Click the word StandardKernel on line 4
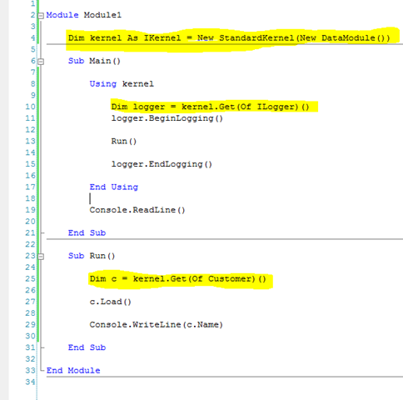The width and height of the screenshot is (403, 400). pyautogui.click(x=256, y=37)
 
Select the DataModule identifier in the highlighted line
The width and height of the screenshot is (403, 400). pyautogui.click(x=348, y=37)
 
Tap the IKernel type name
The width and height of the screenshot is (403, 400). pyautogui.click(x=162, y=37)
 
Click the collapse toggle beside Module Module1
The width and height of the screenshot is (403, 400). pyautogui.click(x=41, y=16)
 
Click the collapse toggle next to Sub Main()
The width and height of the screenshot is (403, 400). pyautogui.click(x=41, y=62)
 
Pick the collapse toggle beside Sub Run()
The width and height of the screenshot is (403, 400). pyautogui.click(x=41, y=257)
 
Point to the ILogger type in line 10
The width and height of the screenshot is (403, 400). pyautogui.click(x=277, y=107)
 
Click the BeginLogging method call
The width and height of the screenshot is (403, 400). pyautogui.click(x=181, y=118)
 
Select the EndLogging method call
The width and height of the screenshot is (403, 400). pyautogui.click(x=176, y=164)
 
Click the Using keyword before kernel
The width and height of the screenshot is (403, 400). pyautogui.click(x=103, y=84)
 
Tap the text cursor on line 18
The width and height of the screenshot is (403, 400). pyautogui.click(x=90, y=198)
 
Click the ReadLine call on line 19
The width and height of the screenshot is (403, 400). pyautogui.click(x=154, y=210)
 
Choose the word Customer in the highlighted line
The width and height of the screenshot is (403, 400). pyautogui.click(x=231, y=279)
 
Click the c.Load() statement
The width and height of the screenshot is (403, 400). pyautogui.click(x=110, y=302)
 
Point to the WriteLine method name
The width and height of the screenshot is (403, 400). pyautogui.click(x=157, y=325)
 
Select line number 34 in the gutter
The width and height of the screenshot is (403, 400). pyautogui.click(x=31, y=382)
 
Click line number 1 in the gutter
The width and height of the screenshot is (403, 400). pyautogui.click(x=32, y=3)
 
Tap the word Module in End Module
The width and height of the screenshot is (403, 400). pyautogui.click(x=84, y=371)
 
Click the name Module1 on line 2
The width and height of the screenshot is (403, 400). pyautogui.click(x=102, y=15)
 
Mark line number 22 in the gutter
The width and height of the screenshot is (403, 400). pyautogui.click(x=31, y=244)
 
